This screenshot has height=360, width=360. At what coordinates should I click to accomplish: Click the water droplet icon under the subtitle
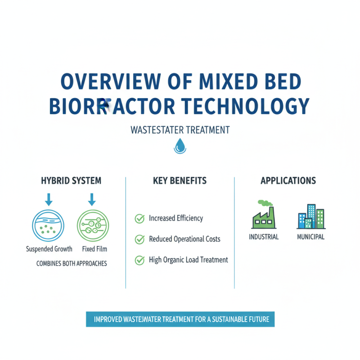pos(180,146)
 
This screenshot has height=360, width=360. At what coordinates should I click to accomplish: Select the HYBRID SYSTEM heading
pos(71,181)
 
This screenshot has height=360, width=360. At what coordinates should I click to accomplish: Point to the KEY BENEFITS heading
pos(180,181)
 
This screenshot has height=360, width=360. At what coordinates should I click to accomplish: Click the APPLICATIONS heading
pos(288,181)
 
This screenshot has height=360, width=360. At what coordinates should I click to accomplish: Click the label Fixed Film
pos(94,249)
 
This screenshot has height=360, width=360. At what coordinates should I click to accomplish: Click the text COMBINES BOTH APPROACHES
pos(72,264)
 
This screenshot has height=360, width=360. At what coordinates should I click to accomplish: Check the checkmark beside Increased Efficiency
pos(139,219)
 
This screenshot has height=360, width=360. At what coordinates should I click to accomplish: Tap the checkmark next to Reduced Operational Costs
pos(139,239)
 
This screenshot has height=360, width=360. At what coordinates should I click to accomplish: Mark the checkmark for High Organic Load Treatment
pos(139,260)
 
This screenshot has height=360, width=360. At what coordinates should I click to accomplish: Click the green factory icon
pos(263,215)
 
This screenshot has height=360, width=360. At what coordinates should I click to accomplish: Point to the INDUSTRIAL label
pos(264,237)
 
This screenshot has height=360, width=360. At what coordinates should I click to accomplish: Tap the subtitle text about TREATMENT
pos(180,130)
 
